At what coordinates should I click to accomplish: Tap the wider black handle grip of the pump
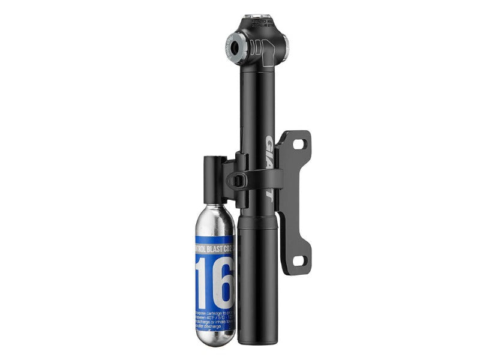(x=257, y=276)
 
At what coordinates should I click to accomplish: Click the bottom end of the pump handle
(x=258, y=341)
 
